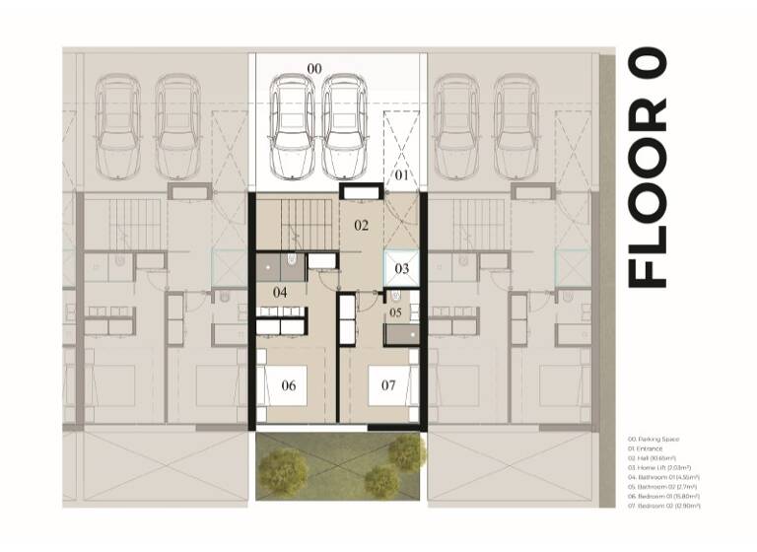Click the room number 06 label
click(289, 385)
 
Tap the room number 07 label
click(389, 385)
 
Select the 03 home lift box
click(402, 268)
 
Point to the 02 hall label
click(362, 226)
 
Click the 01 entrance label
click(401, 175)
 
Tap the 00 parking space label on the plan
click(314, 67)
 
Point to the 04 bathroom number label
click(280, 293)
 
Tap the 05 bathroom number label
click(395, 312)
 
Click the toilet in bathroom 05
click(395, 294)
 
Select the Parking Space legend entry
click(655, 439)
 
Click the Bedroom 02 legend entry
click(665, 505)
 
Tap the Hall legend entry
click(654, 457)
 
